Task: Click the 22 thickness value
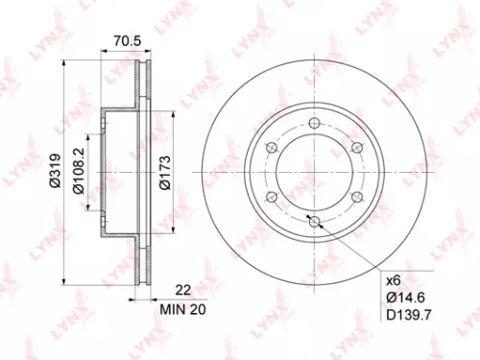182,289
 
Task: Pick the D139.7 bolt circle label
408,313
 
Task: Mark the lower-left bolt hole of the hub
273,196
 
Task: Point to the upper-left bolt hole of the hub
273,147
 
